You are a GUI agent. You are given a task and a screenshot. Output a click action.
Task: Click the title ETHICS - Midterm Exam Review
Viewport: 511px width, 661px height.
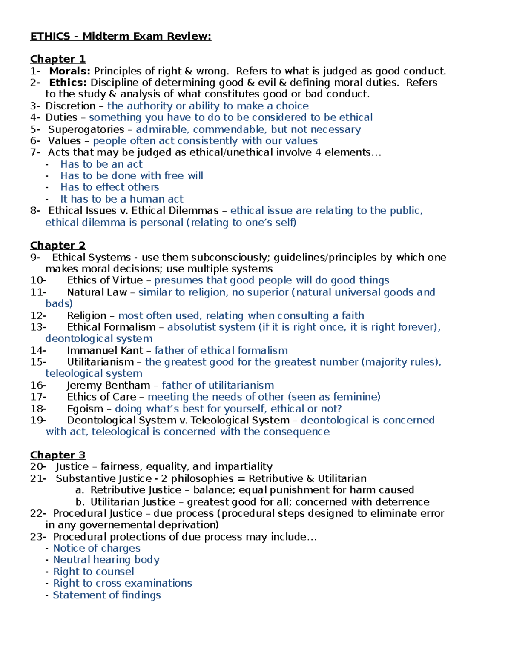point(121,36)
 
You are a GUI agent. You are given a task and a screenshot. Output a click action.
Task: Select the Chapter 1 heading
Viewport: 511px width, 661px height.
point(57,59)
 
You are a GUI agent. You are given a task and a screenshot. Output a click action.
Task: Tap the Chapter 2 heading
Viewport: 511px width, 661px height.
point(57,245)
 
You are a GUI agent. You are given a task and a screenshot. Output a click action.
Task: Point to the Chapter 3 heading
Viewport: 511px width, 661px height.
point(57,455)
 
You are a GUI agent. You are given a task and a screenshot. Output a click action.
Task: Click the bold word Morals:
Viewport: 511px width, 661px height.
point(70,71)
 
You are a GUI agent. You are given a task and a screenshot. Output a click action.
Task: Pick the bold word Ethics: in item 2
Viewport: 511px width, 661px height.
point(68,83)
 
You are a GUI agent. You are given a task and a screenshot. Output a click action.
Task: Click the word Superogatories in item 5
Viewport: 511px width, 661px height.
point(86,129)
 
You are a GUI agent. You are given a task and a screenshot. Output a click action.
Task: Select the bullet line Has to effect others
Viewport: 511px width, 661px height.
point(109,187)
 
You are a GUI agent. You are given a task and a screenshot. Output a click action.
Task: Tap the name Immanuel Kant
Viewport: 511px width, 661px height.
point(105,351)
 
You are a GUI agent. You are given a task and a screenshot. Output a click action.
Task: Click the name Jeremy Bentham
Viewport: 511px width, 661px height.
point(108,386)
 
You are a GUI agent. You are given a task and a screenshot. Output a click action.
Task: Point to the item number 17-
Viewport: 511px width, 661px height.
point(38,397)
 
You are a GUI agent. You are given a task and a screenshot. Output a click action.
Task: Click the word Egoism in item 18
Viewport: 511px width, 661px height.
point(85,409)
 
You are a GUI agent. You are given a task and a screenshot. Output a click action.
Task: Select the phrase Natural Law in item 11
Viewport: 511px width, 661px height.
point(97,292)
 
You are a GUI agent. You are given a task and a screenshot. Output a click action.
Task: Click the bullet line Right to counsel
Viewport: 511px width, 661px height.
point(93,572)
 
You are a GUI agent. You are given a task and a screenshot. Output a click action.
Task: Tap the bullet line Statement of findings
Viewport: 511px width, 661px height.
point(106,595)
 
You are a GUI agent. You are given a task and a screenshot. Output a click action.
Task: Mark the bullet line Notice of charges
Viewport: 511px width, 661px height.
point(97,548)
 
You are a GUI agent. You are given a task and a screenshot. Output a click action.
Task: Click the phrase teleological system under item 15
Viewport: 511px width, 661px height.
point(94,374)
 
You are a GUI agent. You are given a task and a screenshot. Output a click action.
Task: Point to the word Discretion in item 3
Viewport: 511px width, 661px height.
point(70,106)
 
